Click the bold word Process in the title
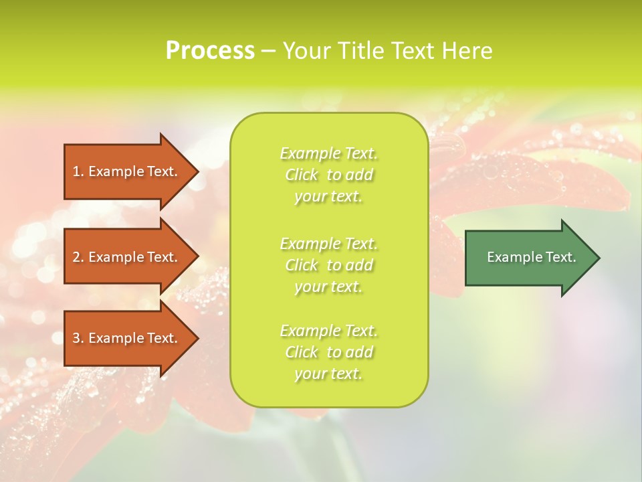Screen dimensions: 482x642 [x=210, y=51]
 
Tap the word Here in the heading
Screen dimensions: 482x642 [x=467, y=51]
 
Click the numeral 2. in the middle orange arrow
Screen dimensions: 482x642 [x=78, y=257]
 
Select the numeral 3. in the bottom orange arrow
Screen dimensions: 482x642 [x=78, y=338]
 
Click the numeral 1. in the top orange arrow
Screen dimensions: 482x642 [x=78, y=171]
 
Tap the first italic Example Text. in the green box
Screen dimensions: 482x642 [x=328, y=154]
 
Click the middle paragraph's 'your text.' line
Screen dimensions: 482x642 [x=328, y=287]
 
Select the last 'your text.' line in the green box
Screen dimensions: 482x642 [x=328, y=374]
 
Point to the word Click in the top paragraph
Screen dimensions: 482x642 [x=302, y=175]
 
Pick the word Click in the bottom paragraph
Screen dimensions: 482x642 [x=302, y=352]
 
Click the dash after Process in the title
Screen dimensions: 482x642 [x=268, y=51]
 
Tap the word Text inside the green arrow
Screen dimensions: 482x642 [x=560, y=257]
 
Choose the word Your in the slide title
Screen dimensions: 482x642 [x=307, y=51]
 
